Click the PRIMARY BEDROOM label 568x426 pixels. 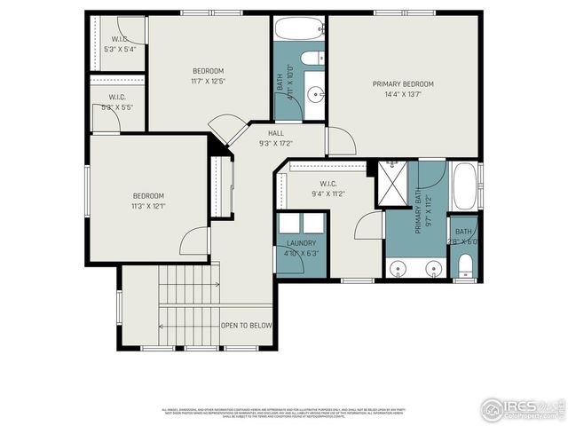coord(404,84)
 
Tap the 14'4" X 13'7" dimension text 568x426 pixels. coord(404,96)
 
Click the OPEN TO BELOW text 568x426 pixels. coord(246,326)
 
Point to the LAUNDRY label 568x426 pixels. coord(301,243)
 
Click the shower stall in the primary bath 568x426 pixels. coord(390,184)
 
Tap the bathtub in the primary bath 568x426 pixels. coord(464,185)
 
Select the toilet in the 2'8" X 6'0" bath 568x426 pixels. coord(464,265)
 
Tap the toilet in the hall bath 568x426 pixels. coord(312,59)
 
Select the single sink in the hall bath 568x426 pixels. coord(314,91)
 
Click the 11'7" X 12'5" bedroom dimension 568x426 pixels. coord(208,82)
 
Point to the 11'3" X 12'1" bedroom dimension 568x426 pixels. coord(148,206)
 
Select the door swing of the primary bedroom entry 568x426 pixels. coord(341,142)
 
